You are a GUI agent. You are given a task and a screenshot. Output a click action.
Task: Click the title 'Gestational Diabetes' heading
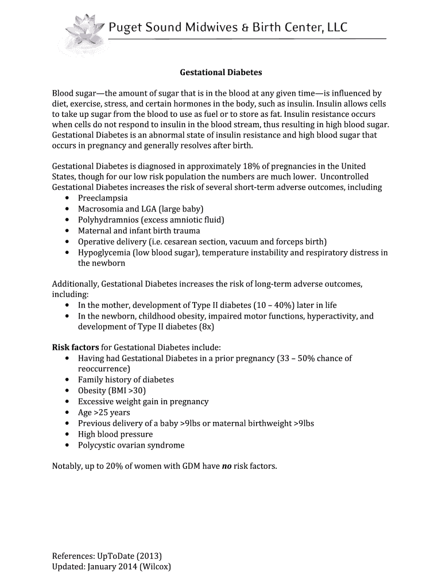[221, 73]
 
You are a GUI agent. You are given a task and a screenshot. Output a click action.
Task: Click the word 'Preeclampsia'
[103, 198]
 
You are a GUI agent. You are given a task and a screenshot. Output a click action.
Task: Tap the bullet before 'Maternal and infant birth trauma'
[68, 231]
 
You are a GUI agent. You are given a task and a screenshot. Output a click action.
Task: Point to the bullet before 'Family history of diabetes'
[68, 380]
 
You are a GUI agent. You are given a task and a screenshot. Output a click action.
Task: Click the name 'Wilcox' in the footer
[155, 567]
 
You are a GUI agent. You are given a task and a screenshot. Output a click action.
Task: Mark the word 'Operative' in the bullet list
[96, 242]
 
